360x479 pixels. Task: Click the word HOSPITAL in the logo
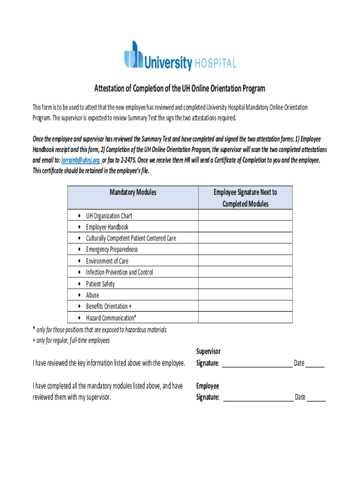pyautogui.click(x=216, y=63)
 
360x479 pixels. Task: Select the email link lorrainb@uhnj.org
pyautogui.click(x=80, y=160)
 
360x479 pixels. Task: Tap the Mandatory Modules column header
pyautogui.click(x=133, y=192)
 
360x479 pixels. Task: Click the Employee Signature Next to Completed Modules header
pyautogui.click(x=245, y=198)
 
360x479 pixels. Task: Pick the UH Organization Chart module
pyautogui.click(x=109, y=216)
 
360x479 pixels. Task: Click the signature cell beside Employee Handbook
pyautogui.click(x=245, y=227)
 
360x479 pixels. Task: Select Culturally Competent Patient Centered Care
pyautogui.click(x=131, y=238)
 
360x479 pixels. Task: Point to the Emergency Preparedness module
pyautogui.click(x=112, y=249)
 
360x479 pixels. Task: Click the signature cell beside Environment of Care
pyautogui.click(x=245, y=261)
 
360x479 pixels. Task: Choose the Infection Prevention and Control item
pyautogui.click(x=119, y=272)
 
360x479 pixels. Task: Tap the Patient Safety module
pyautogui.click(x=100, y=284)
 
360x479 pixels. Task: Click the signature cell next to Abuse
pyautogui.click(x=245, y=295)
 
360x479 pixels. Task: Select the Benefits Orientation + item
pyautogui.click(x=108, y=306)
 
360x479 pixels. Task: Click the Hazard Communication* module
pyautogui.click(x=111, y=318)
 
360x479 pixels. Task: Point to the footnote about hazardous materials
pyautogui.click(x=99, y=330)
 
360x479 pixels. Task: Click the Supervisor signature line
pyautogui.click(x=256, y=364)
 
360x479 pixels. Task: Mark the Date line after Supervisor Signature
pyautogui.click(x=316, y=364)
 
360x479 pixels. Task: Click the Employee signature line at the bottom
pyautogui.click(x=258, y=398)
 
